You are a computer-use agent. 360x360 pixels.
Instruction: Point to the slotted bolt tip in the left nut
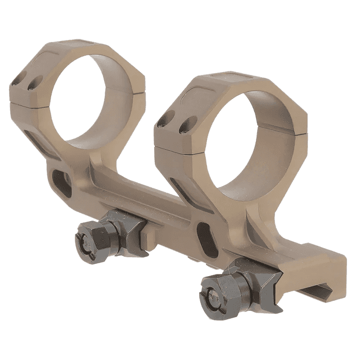[x=88, y=240]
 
